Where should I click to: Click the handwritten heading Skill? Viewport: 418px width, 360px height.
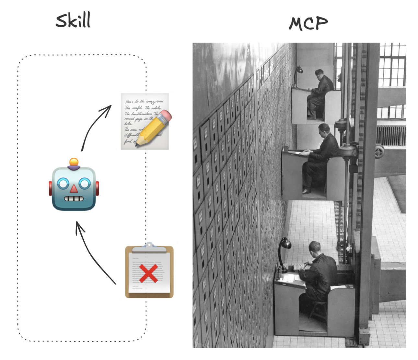pyautogui.click(x=73, y=20)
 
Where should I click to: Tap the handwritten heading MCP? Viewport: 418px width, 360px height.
pyautogui.click(x=308, y=23)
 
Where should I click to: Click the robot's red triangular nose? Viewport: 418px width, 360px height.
pyautogui.click(x=74, y=188)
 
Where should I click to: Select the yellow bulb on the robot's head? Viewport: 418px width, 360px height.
pyautogui.click(x=74, y=162)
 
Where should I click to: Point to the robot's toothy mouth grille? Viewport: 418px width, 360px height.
pyautogui.click(x=74, y=198)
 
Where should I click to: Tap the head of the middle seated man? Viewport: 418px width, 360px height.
pyautogui.click(x=324, y=129)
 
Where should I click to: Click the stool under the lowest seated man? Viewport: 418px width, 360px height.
pyautogui.click(x=318, y=310)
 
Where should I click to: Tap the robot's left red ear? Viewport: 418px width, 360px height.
pyautogui.click(x=51, y=188)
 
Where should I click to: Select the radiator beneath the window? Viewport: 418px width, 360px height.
pyautogui.click(x=391, y=135)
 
